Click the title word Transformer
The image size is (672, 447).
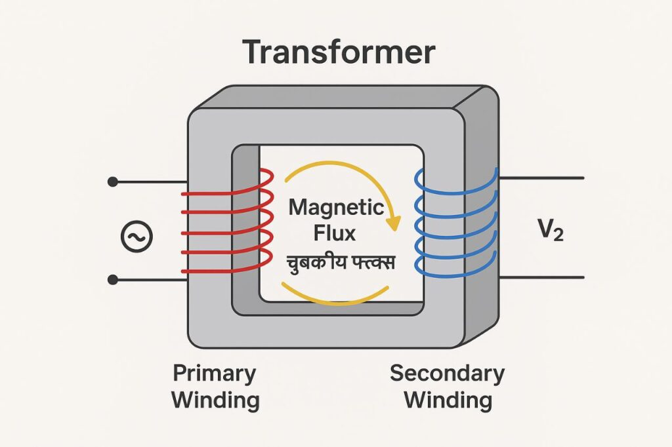(x=339, y=52)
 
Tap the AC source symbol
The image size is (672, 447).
(x=137, y=237)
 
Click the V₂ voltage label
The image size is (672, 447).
(x=549, y=231)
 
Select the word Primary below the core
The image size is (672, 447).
(x=214, y=374)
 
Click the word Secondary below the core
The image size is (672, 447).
(x=447, y=374)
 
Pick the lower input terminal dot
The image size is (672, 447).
(x=113, y=280)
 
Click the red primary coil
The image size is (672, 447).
(x=226, y=232)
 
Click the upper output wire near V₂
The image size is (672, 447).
(x=541, y=178)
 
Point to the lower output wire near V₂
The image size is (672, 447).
(x=541, y=278)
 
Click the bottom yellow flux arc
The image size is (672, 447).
(x=335, y=300)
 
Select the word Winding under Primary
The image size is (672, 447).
(x=215, y=400)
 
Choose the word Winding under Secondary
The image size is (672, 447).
(x=448, y=400)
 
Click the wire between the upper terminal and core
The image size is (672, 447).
(x=151, y=181)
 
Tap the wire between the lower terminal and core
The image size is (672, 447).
(x=151, y=280)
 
